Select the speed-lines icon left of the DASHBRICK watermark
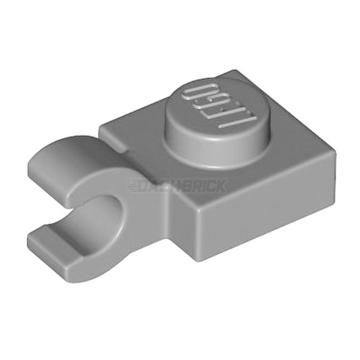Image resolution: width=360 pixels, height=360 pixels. [134, 186]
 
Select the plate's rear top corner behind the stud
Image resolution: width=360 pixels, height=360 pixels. [237, 71]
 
